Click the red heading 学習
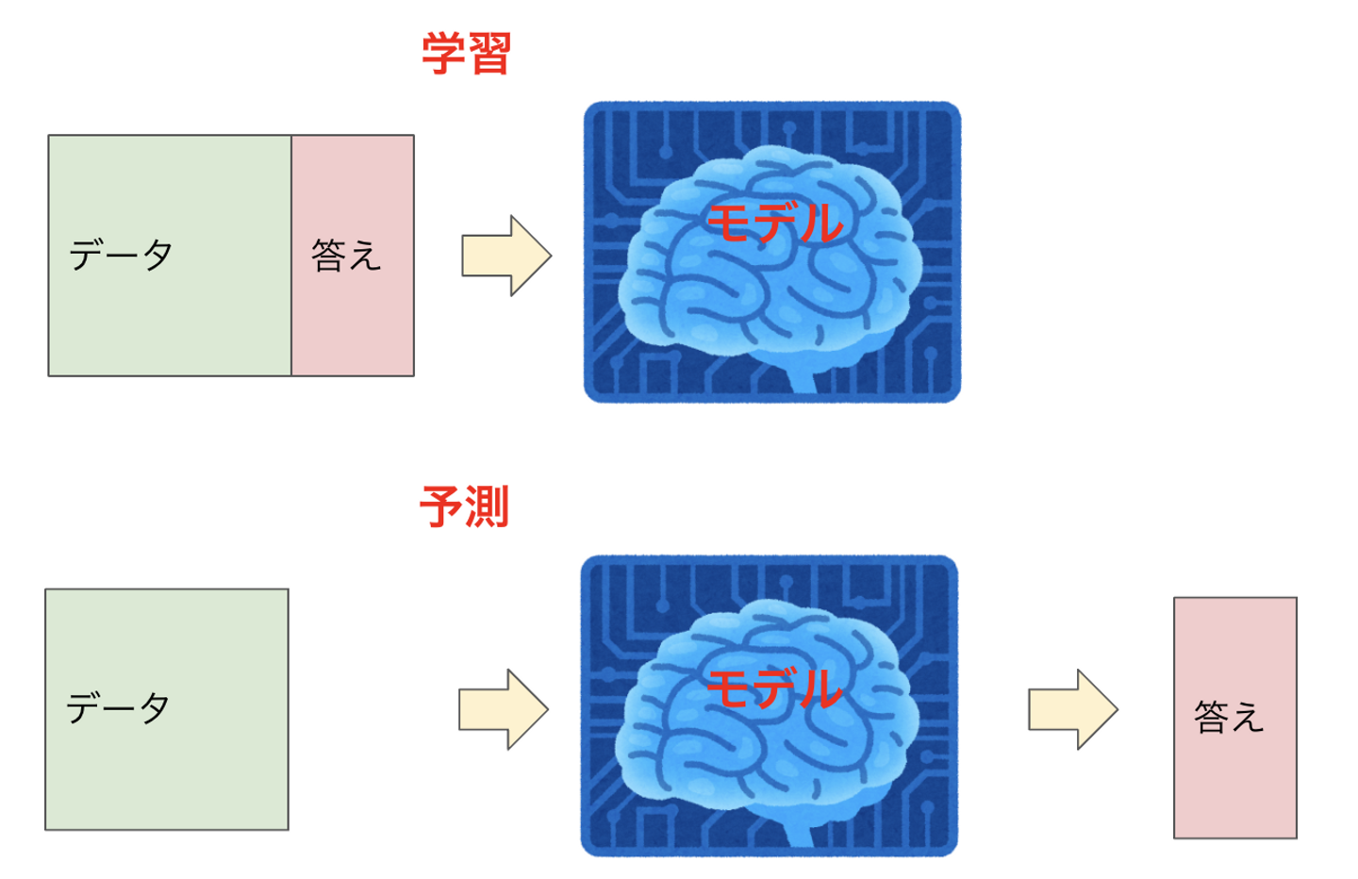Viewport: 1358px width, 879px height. pos(466,54)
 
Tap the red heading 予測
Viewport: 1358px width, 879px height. pos(464,506)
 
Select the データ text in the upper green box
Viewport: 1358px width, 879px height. pos(121,255)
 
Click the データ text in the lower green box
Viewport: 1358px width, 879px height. pos(118,708)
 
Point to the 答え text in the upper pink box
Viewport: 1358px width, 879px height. pos(346,256)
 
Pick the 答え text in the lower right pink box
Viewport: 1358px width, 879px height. pos(1229,717)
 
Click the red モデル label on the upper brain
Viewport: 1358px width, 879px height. pos(775,223)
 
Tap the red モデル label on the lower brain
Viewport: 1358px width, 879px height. pos(774,688)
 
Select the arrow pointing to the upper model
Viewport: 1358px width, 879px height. pos(506,256)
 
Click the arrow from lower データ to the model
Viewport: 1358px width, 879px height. pos(504,709)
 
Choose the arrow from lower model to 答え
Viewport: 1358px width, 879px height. pos(1073,709)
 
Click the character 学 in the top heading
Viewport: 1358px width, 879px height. pos(443,54)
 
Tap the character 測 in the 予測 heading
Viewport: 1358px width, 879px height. pos(487,506)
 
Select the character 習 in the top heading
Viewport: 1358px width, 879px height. pos(489,54)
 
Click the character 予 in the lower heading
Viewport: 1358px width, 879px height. pos(441,506)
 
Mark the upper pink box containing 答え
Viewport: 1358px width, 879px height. pos(353,256)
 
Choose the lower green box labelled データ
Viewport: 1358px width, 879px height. pos(167,709)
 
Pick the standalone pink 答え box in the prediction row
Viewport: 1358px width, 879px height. pos(1235,718)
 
